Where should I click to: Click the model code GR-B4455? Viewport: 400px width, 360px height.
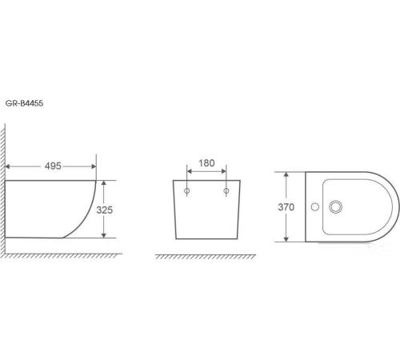24,103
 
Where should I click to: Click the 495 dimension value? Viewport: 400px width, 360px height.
53,166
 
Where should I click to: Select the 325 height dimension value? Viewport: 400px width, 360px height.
105,210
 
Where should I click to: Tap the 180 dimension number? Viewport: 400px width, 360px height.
206,163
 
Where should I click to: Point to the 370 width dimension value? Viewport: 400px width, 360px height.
286,207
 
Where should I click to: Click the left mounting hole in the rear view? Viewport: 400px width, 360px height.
187,190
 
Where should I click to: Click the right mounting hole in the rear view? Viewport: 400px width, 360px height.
226,190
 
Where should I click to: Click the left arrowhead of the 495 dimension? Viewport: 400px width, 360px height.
7,166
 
